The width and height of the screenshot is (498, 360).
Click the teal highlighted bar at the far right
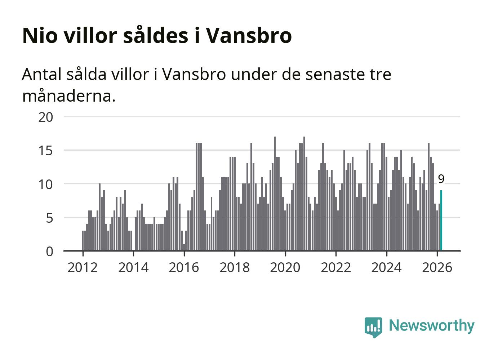coord(441,221)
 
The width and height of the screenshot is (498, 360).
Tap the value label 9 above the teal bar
coord(441,179)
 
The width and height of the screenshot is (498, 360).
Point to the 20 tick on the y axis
coord(45,117)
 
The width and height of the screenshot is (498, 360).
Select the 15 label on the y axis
coord(45,150)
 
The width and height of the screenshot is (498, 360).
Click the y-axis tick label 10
coord(45,184)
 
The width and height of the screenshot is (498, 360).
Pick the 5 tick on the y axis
coord(49,218)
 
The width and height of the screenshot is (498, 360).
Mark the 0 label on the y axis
coord(49,251)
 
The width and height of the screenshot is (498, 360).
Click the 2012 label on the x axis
coord(83,267)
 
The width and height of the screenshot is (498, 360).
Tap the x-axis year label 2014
coord(133,267)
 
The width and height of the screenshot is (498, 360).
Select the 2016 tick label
coord(184,267)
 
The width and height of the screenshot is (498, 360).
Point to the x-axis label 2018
coord(235,267)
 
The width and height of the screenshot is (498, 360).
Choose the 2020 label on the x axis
coord(285,267)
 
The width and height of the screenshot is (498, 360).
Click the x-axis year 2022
coord(336,267)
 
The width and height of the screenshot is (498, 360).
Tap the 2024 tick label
coord(386,267)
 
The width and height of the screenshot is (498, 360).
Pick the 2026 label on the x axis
coord(437,267)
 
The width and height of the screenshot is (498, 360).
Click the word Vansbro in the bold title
coord(249,35)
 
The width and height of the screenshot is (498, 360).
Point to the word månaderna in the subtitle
coord(68,96)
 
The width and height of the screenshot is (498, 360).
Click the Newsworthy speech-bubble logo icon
coord(373,326)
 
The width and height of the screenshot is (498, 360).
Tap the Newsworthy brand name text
coord(431,325)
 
